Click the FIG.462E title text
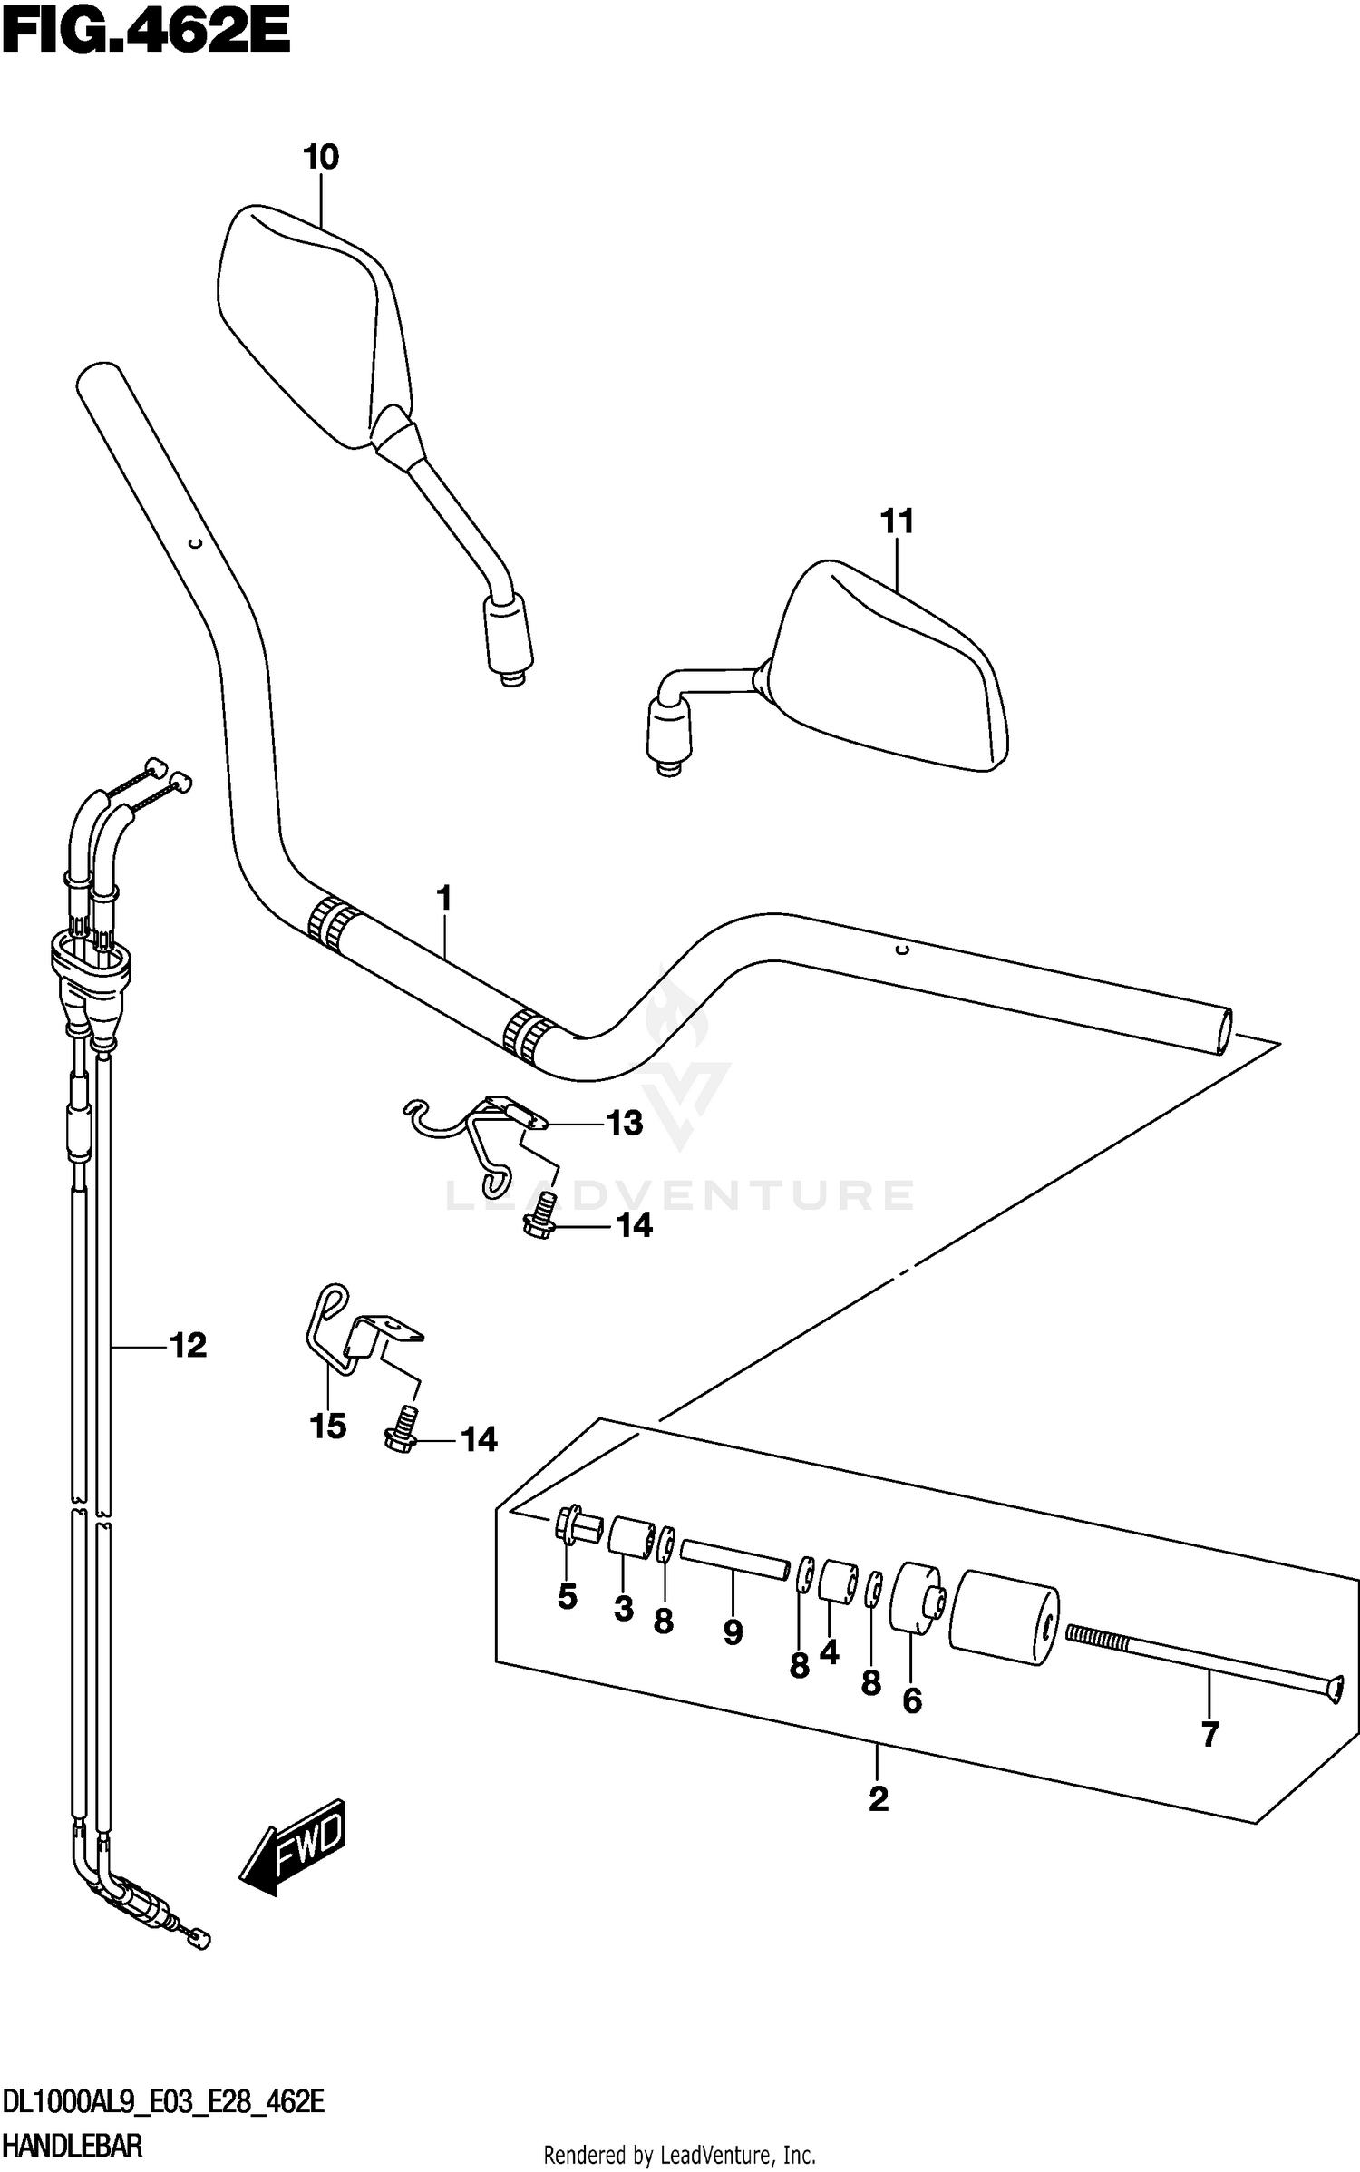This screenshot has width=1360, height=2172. (145, 34)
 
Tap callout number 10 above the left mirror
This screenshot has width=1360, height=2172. (321, 158)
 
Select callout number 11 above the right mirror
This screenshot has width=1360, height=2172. (897, 522)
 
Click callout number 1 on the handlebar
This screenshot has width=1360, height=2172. (443, 899)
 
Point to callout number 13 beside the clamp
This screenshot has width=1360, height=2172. (624, 1124)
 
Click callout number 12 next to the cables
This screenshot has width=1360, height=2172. (188, 1346)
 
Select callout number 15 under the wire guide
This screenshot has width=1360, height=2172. (328, 1427)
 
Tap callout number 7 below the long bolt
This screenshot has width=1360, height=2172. (1209, 1735)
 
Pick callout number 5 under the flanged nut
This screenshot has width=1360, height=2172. (568, 1622)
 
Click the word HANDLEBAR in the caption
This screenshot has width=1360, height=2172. (73, 2145)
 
